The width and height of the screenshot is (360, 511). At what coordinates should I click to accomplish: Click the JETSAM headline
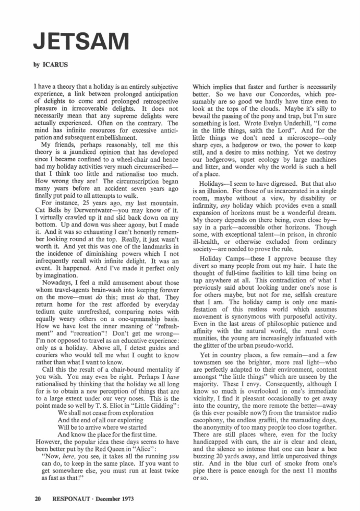click(81, 39)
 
